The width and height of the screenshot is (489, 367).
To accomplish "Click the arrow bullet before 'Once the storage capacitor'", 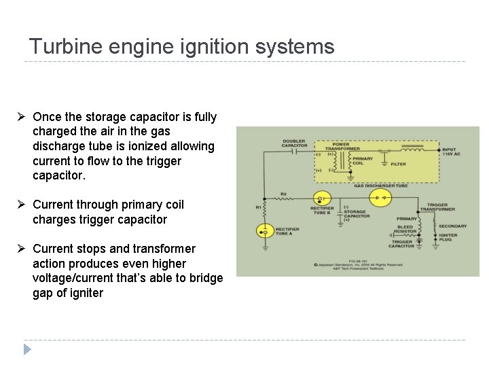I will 22,117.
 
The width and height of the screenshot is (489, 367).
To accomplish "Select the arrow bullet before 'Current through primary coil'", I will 22,205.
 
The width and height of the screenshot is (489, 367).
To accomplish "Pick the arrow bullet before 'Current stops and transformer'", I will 22,249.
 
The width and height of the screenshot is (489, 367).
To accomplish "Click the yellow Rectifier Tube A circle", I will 265,232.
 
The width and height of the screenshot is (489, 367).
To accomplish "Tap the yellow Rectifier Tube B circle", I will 325,199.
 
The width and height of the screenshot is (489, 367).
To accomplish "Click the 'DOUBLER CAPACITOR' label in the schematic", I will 295,143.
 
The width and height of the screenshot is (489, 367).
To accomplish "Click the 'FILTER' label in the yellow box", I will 399,164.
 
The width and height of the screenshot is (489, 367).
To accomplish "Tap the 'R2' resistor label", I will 284,193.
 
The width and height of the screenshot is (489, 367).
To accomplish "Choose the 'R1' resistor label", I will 258,206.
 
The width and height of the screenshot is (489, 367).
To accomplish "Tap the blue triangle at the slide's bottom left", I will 27,350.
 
